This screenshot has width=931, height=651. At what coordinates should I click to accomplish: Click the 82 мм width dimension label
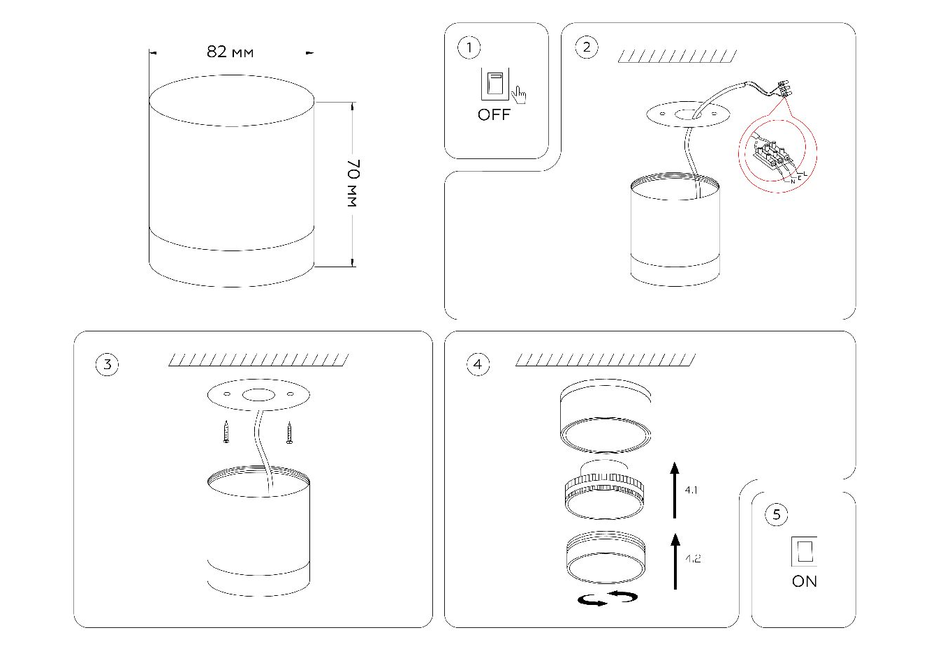pos(230,52)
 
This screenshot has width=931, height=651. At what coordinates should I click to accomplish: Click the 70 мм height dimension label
pos(352,184)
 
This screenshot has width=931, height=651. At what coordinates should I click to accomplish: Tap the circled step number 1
pos(469,47)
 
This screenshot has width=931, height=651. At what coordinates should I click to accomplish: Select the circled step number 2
pos(586,47)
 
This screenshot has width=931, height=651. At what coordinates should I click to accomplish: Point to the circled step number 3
pos(107,364)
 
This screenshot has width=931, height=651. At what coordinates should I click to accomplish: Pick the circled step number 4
pos(478,364)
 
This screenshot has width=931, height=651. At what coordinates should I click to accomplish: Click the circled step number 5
pos(776,515)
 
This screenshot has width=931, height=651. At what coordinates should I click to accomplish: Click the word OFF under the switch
pos(494,115)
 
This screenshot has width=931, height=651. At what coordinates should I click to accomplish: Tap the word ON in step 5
pos(804,581)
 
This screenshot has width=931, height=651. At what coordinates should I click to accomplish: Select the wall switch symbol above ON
pos(804,551)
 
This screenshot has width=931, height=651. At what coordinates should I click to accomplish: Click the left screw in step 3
pos(226,433)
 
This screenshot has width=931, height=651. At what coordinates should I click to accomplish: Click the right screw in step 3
pos(289,433)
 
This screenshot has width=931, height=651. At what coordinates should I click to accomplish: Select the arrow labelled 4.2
pos(675,560)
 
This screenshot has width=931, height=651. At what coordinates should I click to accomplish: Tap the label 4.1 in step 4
pos(691,491)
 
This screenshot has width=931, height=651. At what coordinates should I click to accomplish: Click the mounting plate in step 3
pos(258,396)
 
